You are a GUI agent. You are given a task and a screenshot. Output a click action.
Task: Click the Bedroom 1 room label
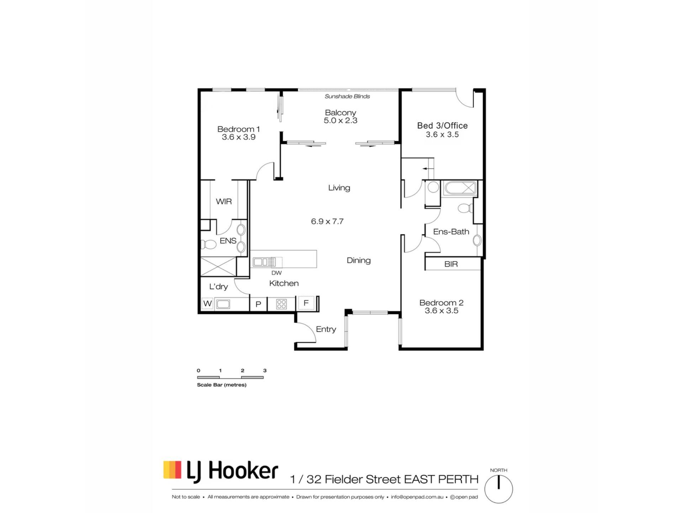pos(238,129)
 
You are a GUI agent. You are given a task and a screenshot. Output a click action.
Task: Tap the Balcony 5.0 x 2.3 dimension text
pos(340,120)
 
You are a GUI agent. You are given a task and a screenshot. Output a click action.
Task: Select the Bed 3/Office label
pos(442,125)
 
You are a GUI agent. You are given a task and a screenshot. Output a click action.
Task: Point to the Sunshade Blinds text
pos(347,96)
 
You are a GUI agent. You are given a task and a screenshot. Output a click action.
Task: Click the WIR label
pos(224,202)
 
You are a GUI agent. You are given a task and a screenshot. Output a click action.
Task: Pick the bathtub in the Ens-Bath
pos(460,188)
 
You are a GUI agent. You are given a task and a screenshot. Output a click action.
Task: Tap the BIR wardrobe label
pos(451,264)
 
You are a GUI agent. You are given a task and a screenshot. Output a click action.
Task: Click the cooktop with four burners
pos(281,304)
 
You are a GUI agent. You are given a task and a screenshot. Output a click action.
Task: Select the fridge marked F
pos(306,303)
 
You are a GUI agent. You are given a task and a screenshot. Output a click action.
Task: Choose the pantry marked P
pos(259,304)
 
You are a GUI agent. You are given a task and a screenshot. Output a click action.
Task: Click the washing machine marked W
pos(207,304)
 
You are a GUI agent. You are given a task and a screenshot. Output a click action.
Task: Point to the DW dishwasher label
pos(276,273)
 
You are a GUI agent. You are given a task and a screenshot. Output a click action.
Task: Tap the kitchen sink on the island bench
pos(264,262)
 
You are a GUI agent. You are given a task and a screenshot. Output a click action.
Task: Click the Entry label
pos(326,329)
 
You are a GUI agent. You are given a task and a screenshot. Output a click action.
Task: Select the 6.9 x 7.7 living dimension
pos(327,222)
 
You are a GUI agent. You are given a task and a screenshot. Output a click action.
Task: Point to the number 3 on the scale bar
pos(265,370)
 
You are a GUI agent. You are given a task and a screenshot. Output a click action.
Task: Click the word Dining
pos(359,260)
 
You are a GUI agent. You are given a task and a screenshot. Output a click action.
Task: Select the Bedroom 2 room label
pos(441,303)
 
